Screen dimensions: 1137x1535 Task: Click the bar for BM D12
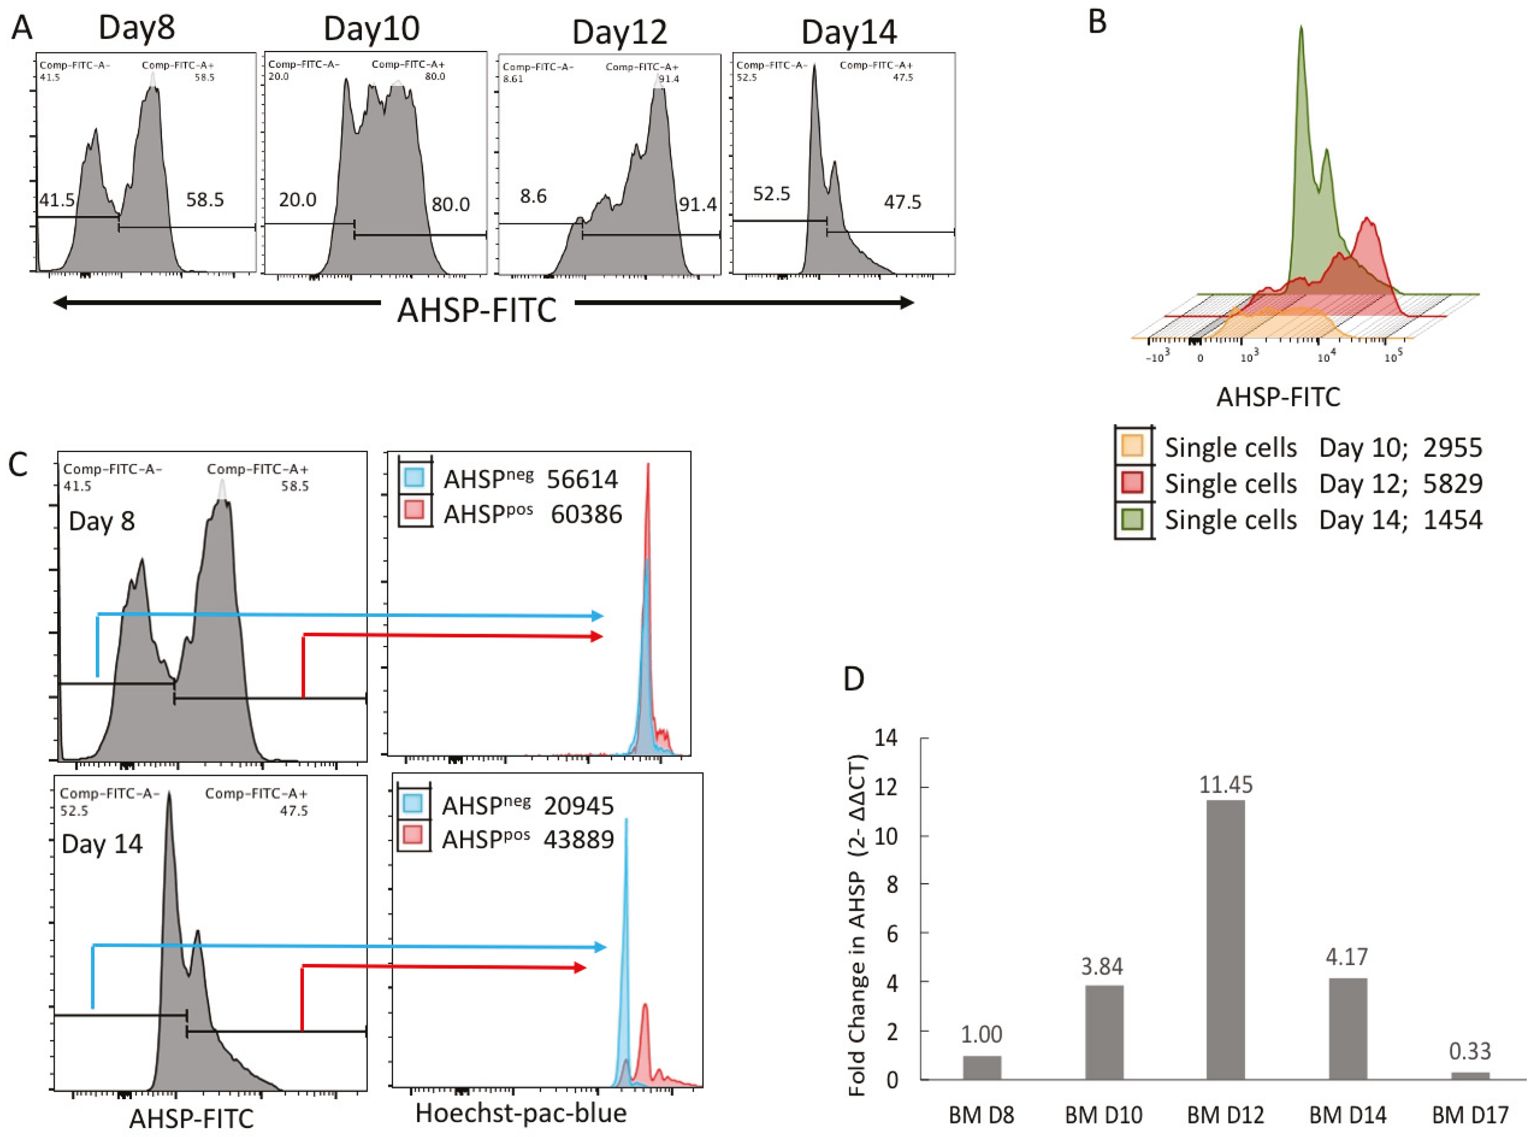pos(1226,939)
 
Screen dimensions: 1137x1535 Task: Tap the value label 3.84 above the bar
pos(1102,967)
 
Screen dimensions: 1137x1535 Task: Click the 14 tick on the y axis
pos(886,738)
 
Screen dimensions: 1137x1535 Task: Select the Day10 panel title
pos(371,29)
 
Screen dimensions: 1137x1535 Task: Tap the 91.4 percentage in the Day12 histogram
pos(697,204)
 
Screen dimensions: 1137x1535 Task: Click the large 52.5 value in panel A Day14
pos(771,194)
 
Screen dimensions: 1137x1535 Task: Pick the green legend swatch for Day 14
pos(1132,519)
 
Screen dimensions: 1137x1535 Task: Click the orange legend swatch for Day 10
pos(1132,446)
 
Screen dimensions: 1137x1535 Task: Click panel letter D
pos(854,679)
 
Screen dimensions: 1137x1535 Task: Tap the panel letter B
pos(1098,22)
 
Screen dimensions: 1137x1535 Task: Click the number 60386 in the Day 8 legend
pos(586,514)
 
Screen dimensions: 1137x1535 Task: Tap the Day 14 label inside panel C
pos(102,844)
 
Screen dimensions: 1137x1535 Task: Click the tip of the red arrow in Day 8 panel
pos(602,637)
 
